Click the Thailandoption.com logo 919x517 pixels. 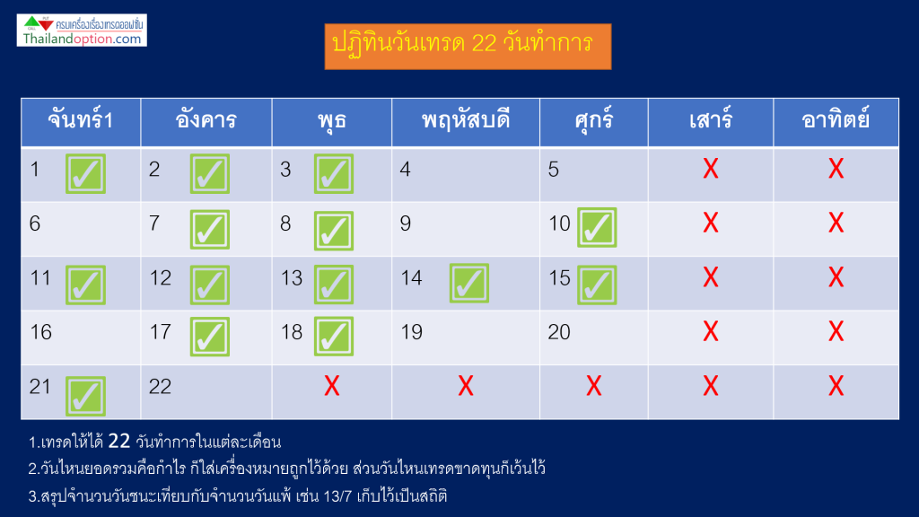(x=82, y=31)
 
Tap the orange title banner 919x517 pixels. (x=468, y=47)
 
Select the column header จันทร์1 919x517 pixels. (x=81, y=122)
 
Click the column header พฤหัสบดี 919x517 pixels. (x=466, y=122)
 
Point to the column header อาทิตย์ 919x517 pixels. (x=836, y=122)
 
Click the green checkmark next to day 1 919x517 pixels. (x=85, y=173)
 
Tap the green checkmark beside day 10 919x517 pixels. (x=597, y=227)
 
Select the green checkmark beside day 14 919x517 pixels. (x=468, y=283)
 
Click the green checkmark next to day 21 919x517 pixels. (x=85, y=396)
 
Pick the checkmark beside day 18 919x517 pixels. (x=334, y=337)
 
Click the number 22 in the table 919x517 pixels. (x=160, y=387)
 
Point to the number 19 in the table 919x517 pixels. (x=411, y=332)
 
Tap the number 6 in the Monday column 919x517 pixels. (x=35, y=223)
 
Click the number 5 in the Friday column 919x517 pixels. (x=553, y=170)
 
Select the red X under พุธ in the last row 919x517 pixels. (x=332, y=386)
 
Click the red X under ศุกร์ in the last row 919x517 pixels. (x=594, y=386)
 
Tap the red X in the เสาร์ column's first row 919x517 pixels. (x=711, y=169)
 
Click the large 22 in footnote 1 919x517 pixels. (x=119, y=441)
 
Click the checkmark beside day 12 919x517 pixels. (x=210, y=285)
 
